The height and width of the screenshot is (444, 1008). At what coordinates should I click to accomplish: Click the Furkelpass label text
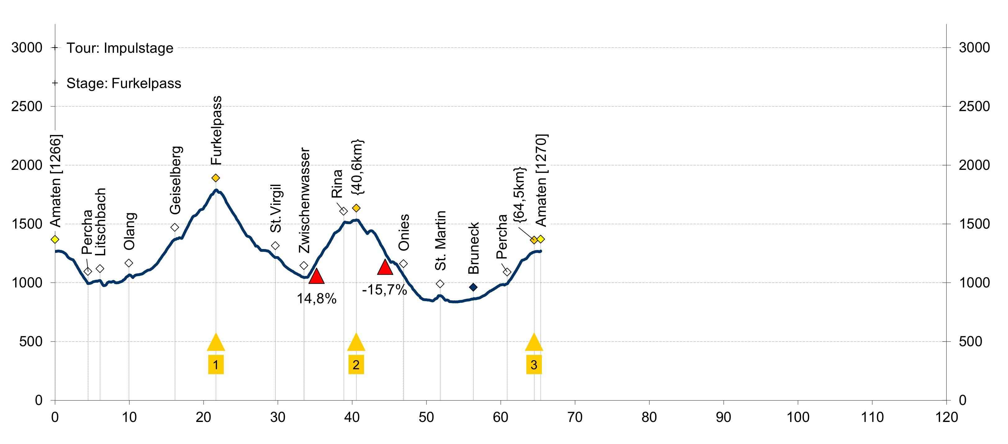(216, 130)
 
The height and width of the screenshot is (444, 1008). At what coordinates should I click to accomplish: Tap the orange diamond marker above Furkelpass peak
(216, 178)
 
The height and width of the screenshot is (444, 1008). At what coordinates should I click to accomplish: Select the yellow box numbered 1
(216, 365)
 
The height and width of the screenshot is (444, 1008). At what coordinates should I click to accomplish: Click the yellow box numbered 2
(356, 365)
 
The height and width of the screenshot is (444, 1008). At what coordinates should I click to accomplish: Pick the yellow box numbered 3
(534, 365)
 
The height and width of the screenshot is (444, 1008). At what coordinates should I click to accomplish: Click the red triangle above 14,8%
(316, 276)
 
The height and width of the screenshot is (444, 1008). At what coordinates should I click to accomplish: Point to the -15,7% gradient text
(384, 290)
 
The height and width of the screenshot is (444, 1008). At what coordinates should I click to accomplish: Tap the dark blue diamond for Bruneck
(473, 288)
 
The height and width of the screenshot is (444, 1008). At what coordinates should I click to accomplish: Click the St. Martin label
(441, 240)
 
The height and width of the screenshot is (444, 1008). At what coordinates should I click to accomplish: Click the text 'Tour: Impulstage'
(120, 48)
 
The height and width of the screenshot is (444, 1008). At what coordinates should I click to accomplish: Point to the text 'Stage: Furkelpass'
(124, 84)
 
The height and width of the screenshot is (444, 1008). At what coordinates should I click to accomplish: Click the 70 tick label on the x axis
(574, 417)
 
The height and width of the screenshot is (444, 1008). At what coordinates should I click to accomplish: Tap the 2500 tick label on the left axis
(27, 106)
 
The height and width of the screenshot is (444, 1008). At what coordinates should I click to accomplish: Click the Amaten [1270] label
(541, 180)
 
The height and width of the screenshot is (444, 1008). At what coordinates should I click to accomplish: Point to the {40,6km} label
(357, 167)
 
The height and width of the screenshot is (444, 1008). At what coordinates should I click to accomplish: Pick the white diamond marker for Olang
(129, 263)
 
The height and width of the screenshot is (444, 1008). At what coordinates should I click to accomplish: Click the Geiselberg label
(175, 180)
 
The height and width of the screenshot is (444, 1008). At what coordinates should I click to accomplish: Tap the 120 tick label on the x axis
(946, 417)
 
